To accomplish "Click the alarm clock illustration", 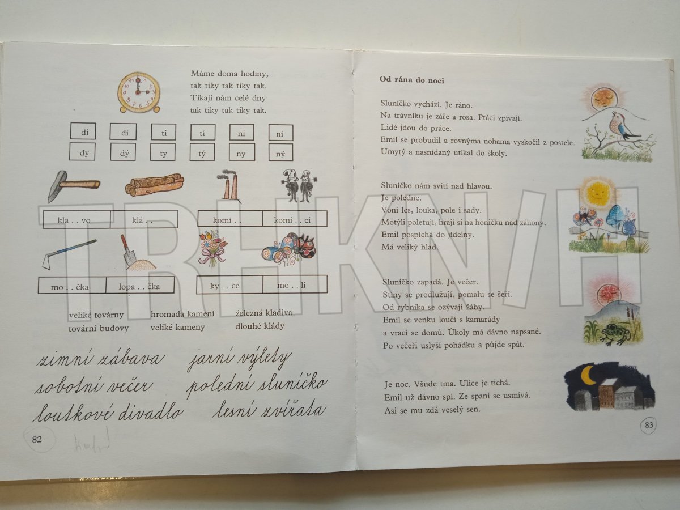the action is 139,92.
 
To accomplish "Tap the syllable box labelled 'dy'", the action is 83,152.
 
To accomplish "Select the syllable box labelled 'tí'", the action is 203,133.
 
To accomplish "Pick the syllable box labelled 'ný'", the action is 280,152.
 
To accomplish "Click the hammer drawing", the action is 73,185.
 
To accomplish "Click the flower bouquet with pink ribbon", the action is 212,248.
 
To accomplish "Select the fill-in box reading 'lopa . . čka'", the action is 140,285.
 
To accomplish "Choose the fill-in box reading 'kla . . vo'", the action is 76,219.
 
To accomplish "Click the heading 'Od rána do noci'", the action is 412,80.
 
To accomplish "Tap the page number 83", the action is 649,425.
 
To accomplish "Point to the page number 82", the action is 37,439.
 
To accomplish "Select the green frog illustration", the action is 614,334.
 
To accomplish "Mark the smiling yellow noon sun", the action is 597,192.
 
